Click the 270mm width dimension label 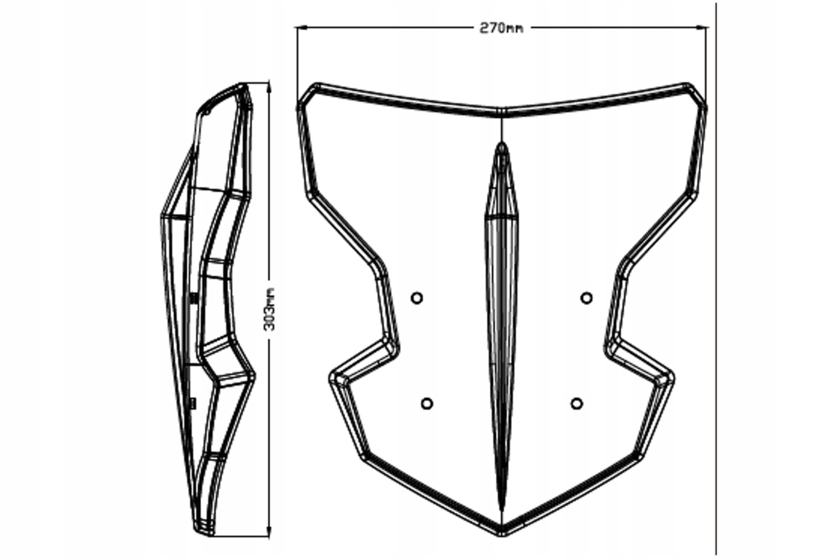click(x=501, y=28)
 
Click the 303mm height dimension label click(x=269, y=308)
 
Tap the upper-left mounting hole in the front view click(x=416, y=297)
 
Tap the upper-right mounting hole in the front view click(x=586, y=297)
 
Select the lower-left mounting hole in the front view click(x=427, y=403)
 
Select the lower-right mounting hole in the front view click(x=577, y=403)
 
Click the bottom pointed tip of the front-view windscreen click(x=502, y=533)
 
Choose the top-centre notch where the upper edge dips click(x=502, y=112)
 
